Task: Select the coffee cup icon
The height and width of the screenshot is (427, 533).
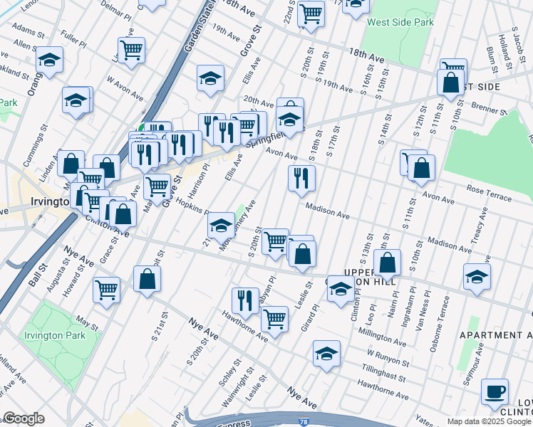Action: (x=495, y=391)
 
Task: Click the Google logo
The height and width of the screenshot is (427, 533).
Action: (x=23, y=418)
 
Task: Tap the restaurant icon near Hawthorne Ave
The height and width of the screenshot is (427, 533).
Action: (x=244, y=302)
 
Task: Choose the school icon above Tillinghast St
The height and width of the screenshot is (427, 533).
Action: (x=326, y=354)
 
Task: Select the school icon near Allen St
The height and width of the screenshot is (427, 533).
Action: (x=49, y=60)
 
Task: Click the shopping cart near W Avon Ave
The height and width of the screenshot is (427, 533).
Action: (x=132, y=51)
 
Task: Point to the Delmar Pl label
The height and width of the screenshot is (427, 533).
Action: (x=116, y=12)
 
